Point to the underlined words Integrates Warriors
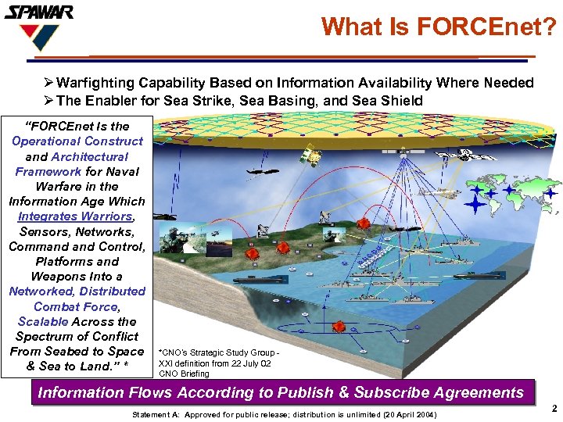pos(76,216)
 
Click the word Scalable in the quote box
pos(44,321)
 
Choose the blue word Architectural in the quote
pos(95,156)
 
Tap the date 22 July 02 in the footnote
pos(249,363)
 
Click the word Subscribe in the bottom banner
pos(396,392)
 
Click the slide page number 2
pos(553,408)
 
